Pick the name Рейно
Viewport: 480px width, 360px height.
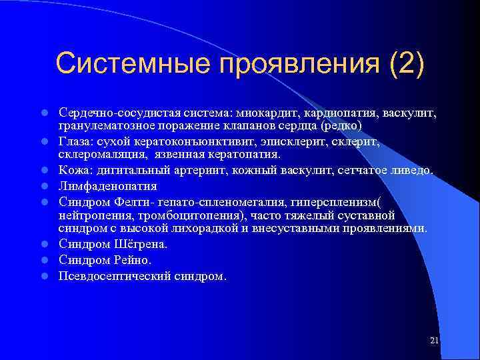point(133,260)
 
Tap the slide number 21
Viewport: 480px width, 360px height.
point(435,341)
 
